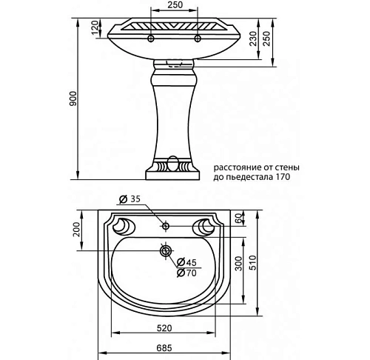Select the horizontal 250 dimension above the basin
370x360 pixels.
[x=175, y=5]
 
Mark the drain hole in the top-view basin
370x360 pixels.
[x=164, y=250]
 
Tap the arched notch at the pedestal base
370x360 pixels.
[x=173, y=162]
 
